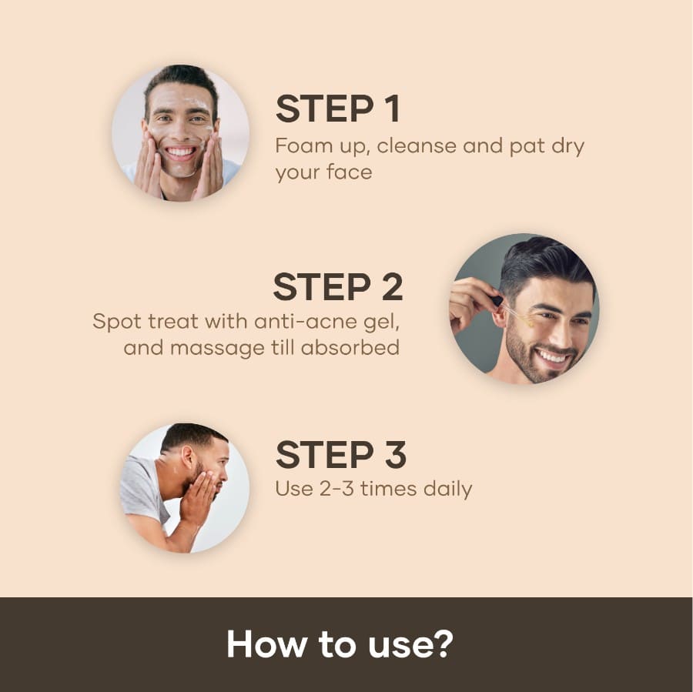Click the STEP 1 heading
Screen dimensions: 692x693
[x=338, y=109]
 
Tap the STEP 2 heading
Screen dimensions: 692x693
[x=338, y=286]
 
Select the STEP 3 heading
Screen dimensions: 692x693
[x=340, y=455]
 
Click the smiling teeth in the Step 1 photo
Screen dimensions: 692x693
[x=181, y=152]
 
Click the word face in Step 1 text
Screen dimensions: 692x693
[x=343, y=172]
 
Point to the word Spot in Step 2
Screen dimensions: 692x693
[x=115, y=320]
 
